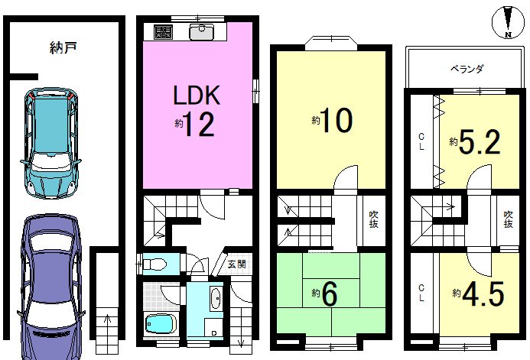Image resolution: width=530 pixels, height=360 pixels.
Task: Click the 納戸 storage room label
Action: click(63, 47)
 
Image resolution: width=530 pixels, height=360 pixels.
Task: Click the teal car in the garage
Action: click(51, 143)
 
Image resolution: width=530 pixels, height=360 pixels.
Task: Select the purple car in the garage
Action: click(51, 287)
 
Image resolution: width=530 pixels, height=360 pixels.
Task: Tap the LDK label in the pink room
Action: click(197, 96)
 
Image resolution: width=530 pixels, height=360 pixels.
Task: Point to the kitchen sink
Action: click(201, 32)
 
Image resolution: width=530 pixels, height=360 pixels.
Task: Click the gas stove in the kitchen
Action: click(163, 32)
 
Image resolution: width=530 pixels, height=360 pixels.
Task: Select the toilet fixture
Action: click(154, 264)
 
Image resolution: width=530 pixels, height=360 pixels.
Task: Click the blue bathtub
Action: click(161, 323)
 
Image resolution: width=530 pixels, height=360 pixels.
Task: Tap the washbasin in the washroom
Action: click(216, 298)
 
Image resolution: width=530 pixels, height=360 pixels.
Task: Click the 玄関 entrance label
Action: click(236, 264)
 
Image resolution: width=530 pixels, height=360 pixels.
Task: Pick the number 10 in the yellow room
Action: click(337, 120)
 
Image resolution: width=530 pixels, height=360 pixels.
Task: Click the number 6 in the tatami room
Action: click(329, 294)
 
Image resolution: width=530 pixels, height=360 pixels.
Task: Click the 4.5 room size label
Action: click(483, 294)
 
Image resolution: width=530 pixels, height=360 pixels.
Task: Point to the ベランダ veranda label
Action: click(467, 70)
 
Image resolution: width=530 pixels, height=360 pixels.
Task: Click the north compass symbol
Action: click(508, 23)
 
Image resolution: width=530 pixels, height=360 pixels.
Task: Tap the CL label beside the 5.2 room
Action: click(421, 142)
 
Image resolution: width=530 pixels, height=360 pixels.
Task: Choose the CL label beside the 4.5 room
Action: click(421, 294)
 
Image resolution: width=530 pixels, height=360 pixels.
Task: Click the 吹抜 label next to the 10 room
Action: click(373, 219)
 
